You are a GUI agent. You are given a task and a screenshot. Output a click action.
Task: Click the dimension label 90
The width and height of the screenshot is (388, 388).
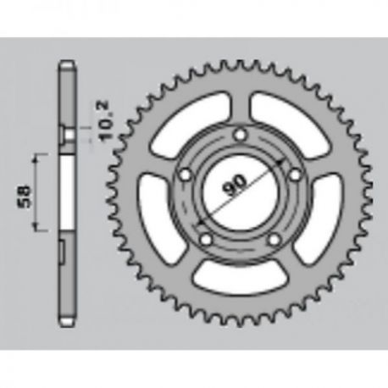(x=235, y=186)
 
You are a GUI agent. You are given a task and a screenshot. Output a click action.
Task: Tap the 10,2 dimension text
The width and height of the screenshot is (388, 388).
(x=104, y=121)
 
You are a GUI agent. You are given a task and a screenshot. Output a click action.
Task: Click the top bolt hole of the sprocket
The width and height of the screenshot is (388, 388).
(x=241, y=135)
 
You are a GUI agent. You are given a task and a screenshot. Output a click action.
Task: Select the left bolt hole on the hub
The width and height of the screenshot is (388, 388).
(x=186, y=175)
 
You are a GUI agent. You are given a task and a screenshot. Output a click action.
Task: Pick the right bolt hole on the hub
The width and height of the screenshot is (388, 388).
(x=296, y=175)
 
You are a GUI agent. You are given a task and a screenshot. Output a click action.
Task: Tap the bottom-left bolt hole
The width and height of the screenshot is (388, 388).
(x=206, y=240)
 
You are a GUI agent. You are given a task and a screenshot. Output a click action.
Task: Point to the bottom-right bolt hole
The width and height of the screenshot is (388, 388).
(x=274, y=240)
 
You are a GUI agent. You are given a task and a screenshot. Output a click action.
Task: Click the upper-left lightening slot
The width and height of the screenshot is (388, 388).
(x=189, y=124)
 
